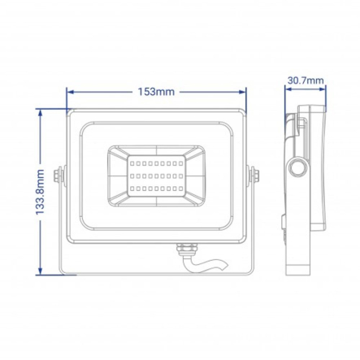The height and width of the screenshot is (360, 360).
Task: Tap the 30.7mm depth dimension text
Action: [x=306, y=80]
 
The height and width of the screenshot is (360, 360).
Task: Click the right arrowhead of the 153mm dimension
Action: [x=244, y=92]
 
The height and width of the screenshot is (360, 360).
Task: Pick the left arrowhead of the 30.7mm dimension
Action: [x=287, y=92]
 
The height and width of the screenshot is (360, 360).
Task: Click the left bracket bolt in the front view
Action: [x=59, y=175]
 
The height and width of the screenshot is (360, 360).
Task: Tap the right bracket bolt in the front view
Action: [x=254, y=175]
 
